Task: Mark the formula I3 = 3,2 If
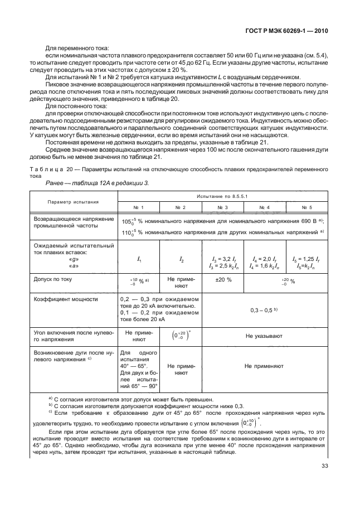click(224, 259)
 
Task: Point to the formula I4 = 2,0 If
click(265, 259)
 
